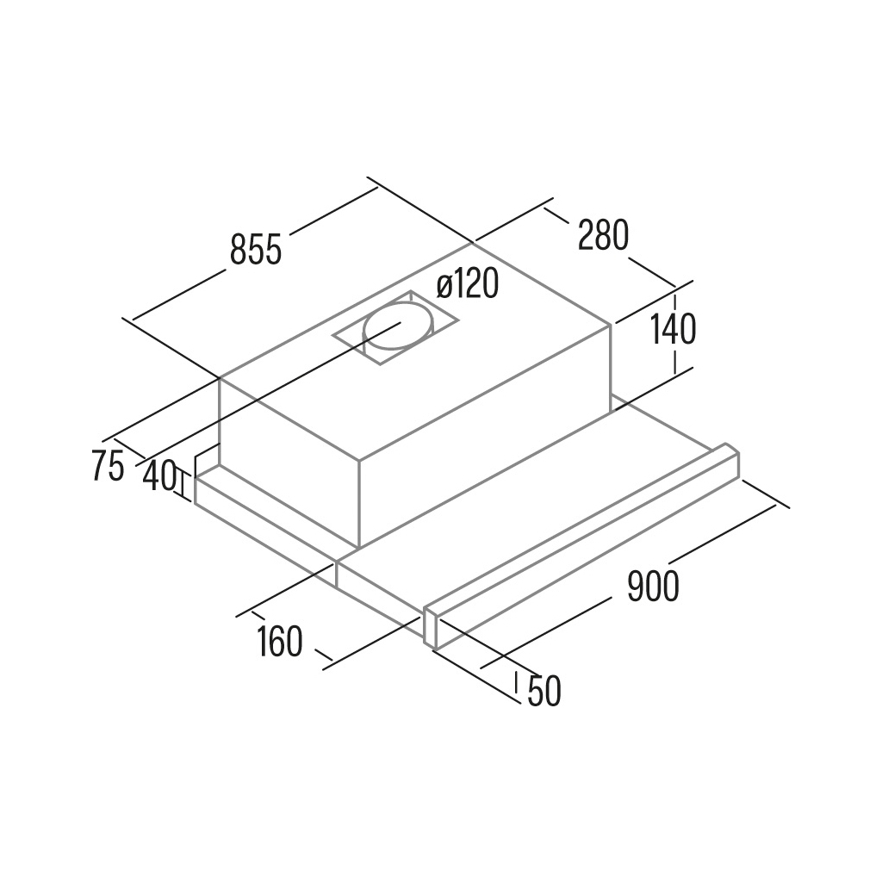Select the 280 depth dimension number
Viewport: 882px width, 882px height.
point(603,235)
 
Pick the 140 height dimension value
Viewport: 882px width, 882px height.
point(674,329)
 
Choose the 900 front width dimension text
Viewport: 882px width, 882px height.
point(653,586)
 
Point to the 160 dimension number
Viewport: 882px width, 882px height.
point(280,641)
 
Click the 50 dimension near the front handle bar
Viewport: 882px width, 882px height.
point(544,691)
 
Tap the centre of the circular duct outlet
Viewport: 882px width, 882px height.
point(399,325)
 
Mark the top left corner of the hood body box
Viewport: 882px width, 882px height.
point(219,377)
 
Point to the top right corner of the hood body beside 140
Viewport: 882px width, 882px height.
point(611,324)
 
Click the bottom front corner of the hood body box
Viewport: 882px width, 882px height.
point(359,547)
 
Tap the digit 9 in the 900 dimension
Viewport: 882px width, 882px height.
point(636,586)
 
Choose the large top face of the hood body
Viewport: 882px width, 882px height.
point(414,351)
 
